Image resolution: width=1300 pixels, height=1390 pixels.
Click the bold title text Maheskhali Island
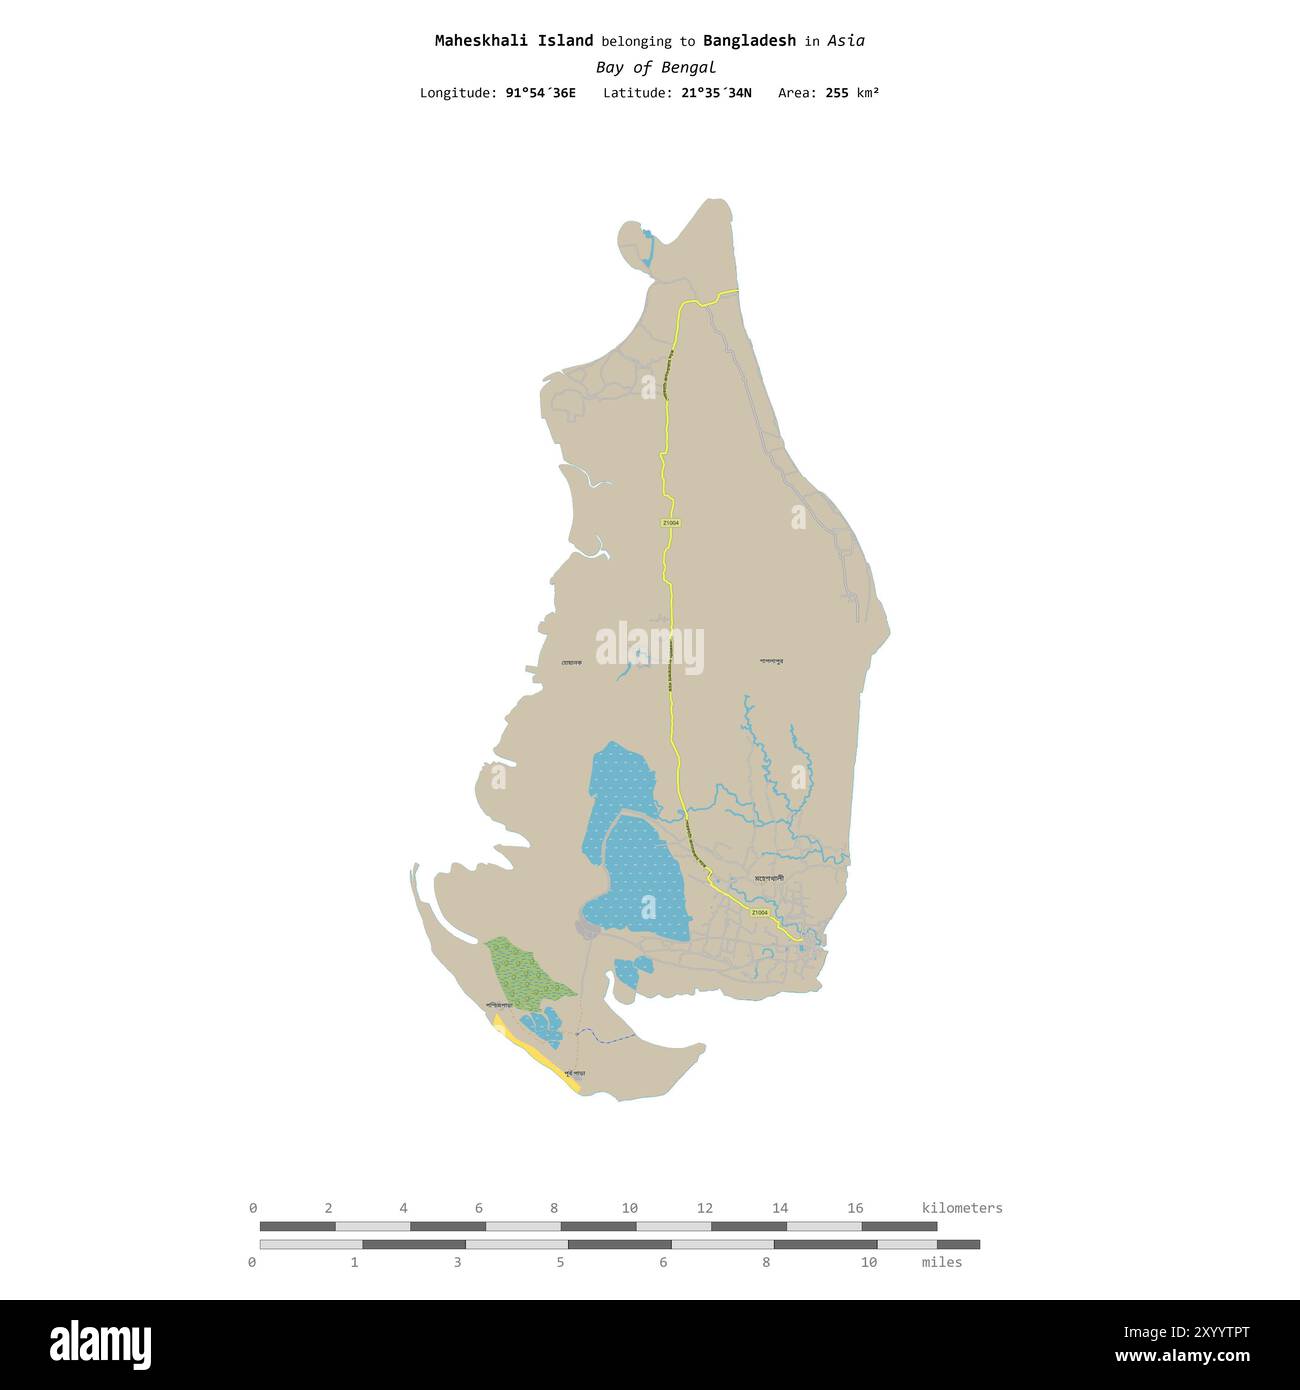[x=513, y=41]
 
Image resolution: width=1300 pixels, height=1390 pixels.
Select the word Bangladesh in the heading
[x=749, y=41]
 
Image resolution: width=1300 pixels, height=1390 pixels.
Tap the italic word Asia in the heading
[x=846, y=41]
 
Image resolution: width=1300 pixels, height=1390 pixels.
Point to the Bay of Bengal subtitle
[x=655, y=68]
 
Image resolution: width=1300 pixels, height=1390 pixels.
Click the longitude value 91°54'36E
[x=540, y=93]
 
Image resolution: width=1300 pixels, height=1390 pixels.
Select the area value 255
[x=837, y=93]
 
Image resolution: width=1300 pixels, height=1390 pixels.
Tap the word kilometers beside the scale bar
[x=961, y=1208]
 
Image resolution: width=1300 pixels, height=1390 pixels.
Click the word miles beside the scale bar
[x=941, y=1262]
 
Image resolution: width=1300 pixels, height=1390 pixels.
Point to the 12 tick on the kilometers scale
[x=704, y=1208]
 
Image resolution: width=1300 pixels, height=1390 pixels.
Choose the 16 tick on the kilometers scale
[x=855, y=1208]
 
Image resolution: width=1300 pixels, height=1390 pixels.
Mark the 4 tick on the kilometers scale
[x=403, y=1208]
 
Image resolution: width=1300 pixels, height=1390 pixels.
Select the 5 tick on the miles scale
[x=560, y=1262]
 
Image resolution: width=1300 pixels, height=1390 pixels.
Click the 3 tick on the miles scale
[x=457, y=1262]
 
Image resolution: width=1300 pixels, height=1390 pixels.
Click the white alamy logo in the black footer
[x=100, y=1344]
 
